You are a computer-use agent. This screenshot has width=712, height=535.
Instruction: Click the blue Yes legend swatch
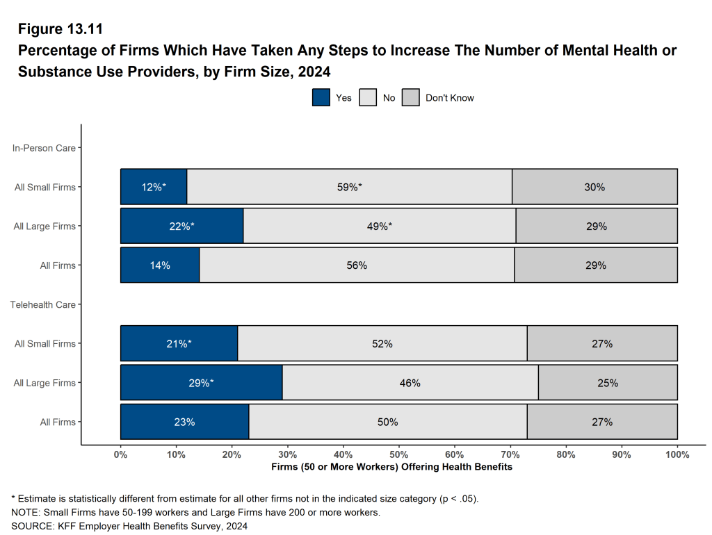pyautogui.click(x=321, y=98)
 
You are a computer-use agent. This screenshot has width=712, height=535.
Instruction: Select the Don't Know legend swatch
pyautogui.click(x=411, y=98)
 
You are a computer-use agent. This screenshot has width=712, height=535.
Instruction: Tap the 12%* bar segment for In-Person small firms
pyautogui.click(x=154, y=187)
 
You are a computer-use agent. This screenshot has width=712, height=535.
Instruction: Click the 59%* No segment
pyautogui.click(x=349, y=187)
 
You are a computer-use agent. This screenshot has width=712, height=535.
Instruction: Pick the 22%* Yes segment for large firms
pyautogui.click(x=181, y=226)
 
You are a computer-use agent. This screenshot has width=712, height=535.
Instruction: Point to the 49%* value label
pyautogui.click(x=380, y=226)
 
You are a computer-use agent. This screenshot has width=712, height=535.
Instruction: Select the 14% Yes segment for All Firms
pyautogui.click(x=160, y=265)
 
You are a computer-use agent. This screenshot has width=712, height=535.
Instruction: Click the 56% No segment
pyautogui.click(x=357, y=265)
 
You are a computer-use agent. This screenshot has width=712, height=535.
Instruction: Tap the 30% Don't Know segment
pyautogui.click(x=594, y=187)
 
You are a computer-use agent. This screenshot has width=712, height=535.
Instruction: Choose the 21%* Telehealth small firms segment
pyautogui.click(x=179, y=343)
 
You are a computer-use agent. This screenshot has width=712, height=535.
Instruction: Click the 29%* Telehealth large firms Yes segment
pyautogui.click(x=201, y=382)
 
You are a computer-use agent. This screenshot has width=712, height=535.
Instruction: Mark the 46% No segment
pyautogui.click(x=410, y=382)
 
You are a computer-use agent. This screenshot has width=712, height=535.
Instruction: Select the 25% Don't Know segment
pyautogui.click(x=608, y=382)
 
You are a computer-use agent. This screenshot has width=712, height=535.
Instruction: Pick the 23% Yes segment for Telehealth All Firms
pyautogui.click(x=184, y=422)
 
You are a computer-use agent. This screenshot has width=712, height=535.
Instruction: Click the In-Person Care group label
pyautogui.click(x=44, y=148)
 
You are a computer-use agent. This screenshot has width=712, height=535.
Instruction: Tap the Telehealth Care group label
pyautogui.click(x=42, y=304)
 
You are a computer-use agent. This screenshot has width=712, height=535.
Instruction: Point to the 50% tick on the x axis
pyautogui.click(x=398, y=454)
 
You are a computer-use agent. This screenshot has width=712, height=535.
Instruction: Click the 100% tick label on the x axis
pyautogui.click(x=677, y=454)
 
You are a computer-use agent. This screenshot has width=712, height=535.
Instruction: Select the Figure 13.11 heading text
pyautogui.click(x=60, y=29)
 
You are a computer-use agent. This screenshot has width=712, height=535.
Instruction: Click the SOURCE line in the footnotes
pyautogui.click(x=129, y=526)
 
